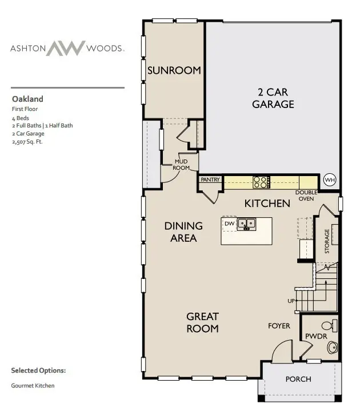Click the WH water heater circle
330,179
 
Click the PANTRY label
210,179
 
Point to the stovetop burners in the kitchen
261,182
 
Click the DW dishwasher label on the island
229,223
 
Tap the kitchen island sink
247,224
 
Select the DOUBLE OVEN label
306,195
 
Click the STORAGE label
327,241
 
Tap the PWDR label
316,337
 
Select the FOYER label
279,326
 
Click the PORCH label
298,379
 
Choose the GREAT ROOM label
203,322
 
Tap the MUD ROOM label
182,165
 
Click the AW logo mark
65,49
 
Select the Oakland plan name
27,99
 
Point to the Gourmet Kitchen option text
33,386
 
